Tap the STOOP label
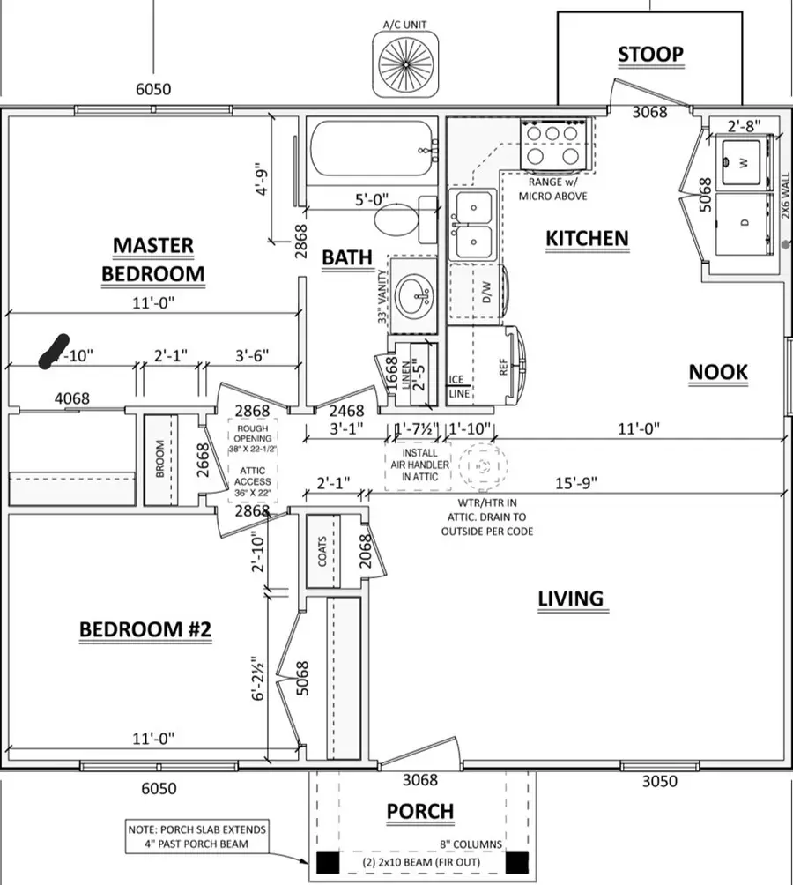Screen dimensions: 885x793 point(650,55)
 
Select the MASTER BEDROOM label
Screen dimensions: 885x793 point(152,259)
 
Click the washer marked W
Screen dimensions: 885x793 point(742,162)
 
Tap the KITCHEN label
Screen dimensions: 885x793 point(587,238)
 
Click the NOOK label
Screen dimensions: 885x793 point(717,372)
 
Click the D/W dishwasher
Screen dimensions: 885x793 point(486,296)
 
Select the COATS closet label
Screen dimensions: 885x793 point(322,552)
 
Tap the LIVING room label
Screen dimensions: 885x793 point(570,599)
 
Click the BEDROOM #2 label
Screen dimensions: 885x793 point(145,630)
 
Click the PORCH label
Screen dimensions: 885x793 point(420,811)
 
